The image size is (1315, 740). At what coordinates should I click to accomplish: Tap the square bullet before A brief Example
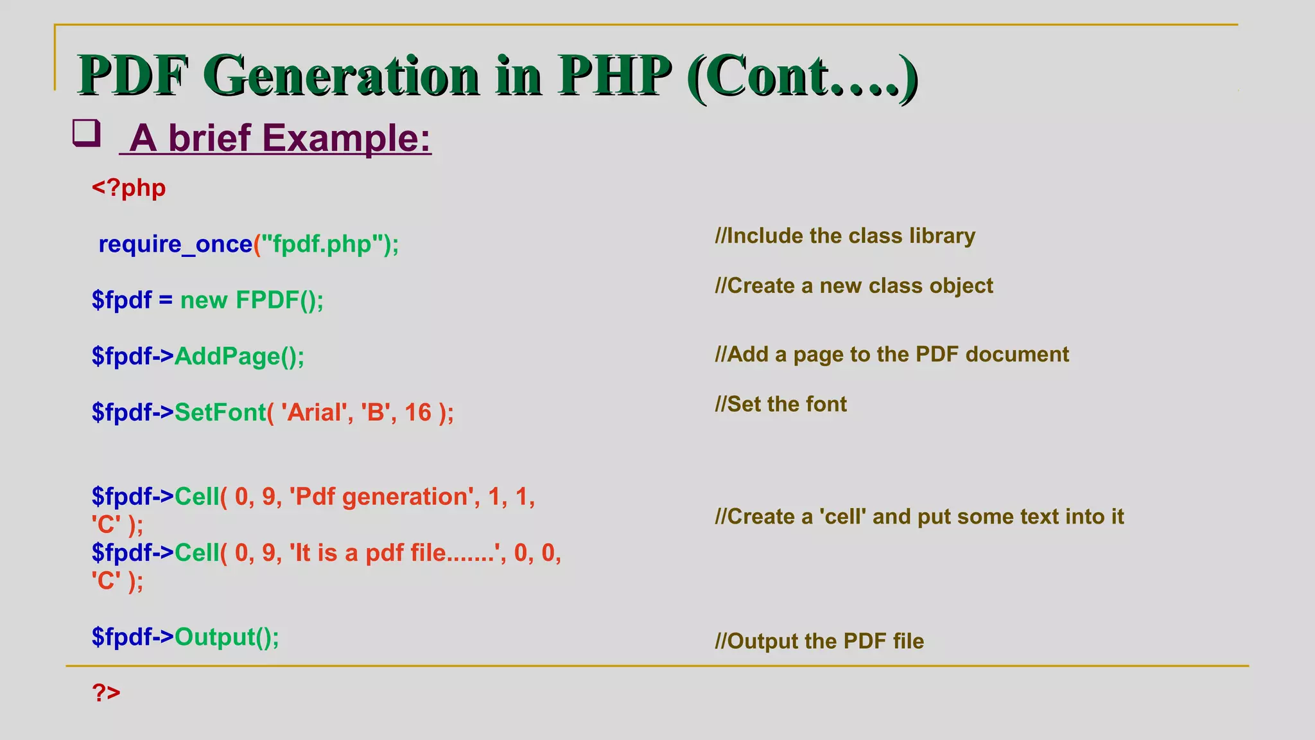pos(86,133)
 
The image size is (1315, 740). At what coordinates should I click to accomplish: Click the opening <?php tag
pos(128,188)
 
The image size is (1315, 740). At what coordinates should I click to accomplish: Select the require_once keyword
pos(175,244)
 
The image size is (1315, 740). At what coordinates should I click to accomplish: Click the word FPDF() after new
pos(279,300)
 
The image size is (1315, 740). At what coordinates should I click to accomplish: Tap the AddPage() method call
pos(239,356)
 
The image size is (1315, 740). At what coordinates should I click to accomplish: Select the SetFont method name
pos(220,412)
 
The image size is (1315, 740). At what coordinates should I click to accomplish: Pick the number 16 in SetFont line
pos(418,412)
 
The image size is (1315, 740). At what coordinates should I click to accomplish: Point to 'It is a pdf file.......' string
pos(394,553)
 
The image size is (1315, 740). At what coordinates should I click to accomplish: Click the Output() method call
pos(227,637)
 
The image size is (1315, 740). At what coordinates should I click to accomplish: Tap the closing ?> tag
pos(106,692)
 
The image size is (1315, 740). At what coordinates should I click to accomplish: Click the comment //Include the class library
pos(845,236)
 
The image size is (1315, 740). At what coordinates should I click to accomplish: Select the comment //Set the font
pos(781,404)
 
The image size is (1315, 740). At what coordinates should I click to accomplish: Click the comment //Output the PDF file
pos(819,641)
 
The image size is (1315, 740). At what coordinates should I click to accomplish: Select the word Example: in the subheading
pos(346,138)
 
